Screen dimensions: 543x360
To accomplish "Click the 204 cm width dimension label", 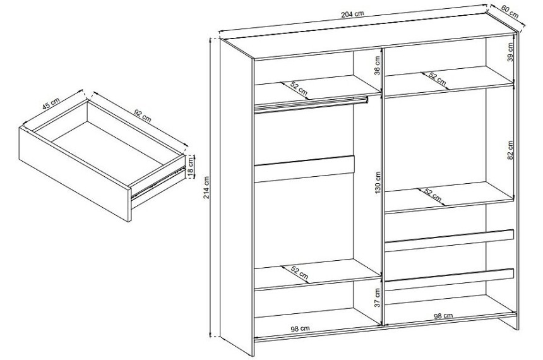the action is (352, 14).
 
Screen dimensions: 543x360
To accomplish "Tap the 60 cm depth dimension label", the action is (510, 12).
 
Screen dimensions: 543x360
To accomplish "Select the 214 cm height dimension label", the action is (206, 187).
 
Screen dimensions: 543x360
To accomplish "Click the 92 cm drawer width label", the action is (142, 116).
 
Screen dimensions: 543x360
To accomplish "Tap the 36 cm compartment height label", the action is (377, 66).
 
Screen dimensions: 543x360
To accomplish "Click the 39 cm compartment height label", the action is (510, 52).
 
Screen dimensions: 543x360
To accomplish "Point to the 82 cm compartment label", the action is (510, 150).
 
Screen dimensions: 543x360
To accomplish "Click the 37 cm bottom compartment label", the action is (377, 297).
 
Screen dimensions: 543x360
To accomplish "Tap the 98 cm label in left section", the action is (300, 329).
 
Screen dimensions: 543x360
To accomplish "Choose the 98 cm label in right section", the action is (443, 316).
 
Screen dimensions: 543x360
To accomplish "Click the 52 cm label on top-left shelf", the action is (298, 88).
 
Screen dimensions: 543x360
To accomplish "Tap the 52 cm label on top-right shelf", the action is (437, 79).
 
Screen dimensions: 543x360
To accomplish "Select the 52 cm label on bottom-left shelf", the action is (299, 273).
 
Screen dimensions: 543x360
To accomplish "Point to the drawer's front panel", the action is (75, 175).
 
